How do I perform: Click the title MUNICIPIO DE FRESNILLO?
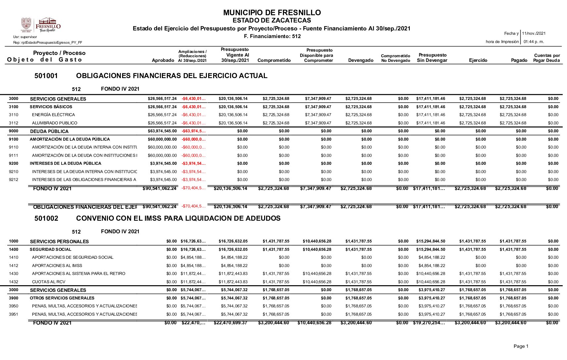coord(272,13)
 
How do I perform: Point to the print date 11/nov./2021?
coord(534,33)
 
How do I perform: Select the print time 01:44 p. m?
coord(534,42)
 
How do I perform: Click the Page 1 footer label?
coord(521,346)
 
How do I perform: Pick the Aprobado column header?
coord(163,60)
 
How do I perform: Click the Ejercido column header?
coord(478,60)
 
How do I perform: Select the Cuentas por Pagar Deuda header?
coord(546,58)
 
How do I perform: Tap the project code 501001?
coord(46,76)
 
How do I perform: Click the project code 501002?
coord(46,218)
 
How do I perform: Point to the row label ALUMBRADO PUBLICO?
coord(55,123)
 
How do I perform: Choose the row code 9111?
coord(14,156)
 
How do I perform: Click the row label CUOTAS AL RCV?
coord(49,282)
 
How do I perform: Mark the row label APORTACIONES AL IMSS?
coord(57,266)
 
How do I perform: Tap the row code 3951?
coord(14,314)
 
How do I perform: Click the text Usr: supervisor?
coord(25,37)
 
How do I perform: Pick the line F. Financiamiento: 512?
coord(272,36)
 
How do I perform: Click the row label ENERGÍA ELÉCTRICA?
coord(53,115)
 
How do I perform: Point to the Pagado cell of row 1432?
coord(513,282)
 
